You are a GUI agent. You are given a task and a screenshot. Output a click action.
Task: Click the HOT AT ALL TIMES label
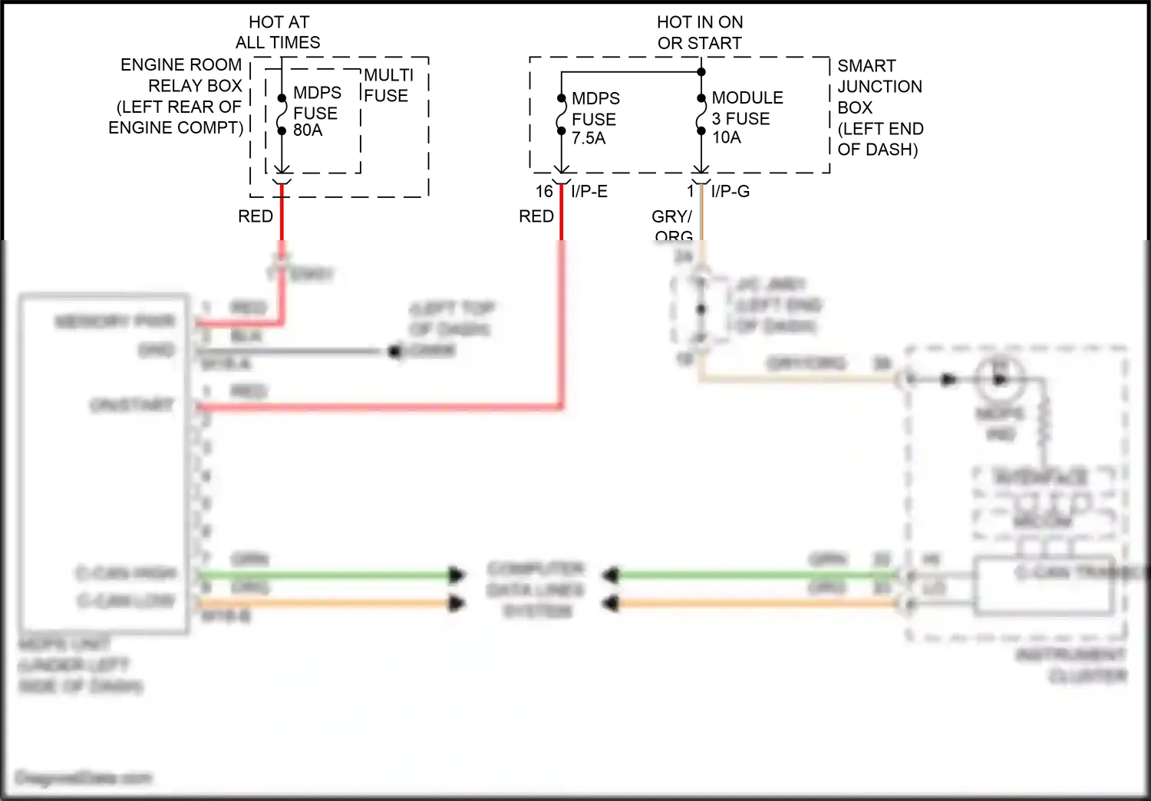(x=278, y=32)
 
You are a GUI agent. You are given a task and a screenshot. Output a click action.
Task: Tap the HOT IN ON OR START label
(x=699, y=32)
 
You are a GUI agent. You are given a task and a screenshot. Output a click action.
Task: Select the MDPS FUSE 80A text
(x=315, y=112)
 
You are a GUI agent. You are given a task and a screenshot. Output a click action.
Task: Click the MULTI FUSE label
(x=388, y=85)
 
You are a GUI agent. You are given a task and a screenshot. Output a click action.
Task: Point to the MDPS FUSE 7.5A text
(x=595, y=118)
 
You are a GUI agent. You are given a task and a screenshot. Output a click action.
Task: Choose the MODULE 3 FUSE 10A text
(x=746, y=117)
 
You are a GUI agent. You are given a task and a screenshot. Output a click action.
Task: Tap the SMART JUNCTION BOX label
(x=879, y=107)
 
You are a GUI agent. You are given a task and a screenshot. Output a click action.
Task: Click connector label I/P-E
(x=589, y=192)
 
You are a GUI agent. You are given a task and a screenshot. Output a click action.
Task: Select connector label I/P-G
(x=730, y=192)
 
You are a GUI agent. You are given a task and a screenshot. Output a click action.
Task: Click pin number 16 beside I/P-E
(x=544, y=192)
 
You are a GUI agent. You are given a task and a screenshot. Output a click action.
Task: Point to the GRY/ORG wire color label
(x=672, y=226)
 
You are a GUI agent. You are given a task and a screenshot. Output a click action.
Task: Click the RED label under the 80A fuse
(x=256, y=216)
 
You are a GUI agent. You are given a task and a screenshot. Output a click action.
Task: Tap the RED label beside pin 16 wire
(x=536, y=216)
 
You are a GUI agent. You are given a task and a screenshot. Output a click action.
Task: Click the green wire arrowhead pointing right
(x=457, y=575)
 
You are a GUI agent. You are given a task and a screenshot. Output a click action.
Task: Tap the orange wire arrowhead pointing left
(x=610, y=604)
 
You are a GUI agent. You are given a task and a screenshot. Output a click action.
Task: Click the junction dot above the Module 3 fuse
(x=701, y=72)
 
